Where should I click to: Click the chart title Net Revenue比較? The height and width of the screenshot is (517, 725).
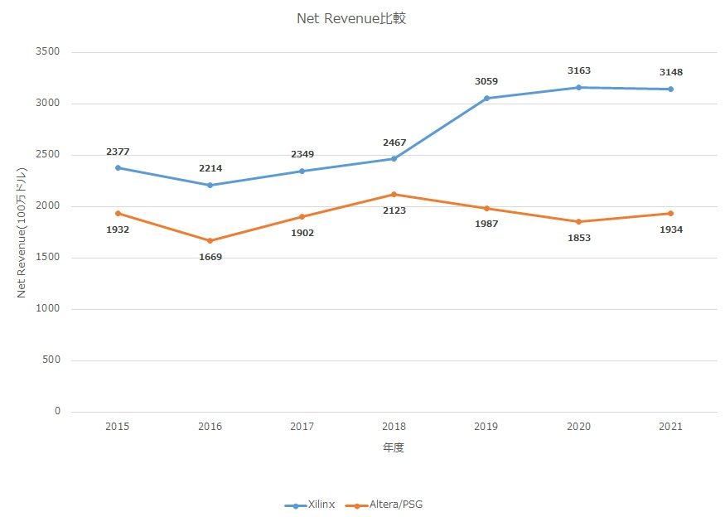(x=351, y=18)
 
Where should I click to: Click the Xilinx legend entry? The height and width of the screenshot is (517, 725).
(x=310, y=505)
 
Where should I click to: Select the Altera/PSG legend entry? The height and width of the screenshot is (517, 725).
(x=384, y=505)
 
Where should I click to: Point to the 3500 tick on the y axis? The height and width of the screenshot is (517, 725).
(x=48, y=51)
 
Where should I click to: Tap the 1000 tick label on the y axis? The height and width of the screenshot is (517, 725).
(x=48, y=308)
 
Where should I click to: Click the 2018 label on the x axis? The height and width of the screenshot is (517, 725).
(x=394, y=427)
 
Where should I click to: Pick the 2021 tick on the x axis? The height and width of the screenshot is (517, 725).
(x=670, y=427)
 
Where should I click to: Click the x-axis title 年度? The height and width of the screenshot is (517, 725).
(x=394, y=447)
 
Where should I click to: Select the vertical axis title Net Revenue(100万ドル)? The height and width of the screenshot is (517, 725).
(x=22, y=233)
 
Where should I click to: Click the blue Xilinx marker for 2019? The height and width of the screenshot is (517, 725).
(x=486, y=98)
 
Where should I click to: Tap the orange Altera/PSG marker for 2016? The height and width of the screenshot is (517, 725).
(x=210, y=240)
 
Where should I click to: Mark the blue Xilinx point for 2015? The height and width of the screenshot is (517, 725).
(x=118, y=168)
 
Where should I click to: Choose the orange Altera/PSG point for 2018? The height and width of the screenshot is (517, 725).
(x=394, y=194)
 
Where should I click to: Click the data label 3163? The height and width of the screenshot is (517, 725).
(x=579, y=70)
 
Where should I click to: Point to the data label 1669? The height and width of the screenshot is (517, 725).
(x=210, y=257)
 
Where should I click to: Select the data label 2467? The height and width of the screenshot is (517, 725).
(x=394, y=143)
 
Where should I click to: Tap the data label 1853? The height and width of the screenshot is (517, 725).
(x=579, y=238)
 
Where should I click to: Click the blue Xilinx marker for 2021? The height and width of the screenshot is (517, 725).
(x=670, y=89)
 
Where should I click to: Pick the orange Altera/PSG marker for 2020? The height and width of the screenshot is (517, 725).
(x=578, y=221)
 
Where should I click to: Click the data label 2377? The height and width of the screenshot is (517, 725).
(x=118, y=152)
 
